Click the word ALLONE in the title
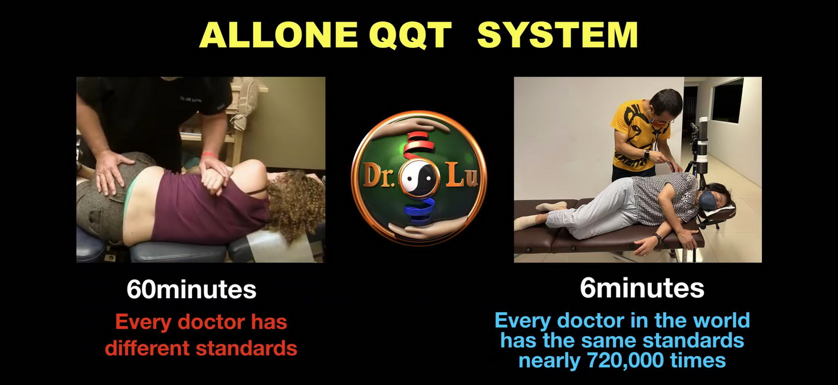[278, 35]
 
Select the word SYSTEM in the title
[557, 35]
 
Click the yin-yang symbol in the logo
[418, 178]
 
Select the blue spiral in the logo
[419, 210]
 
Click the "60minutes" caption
[192, 289]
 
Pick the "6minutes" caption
[642, 288]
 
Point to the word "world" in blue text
[721, 320]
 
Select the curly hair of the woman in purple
[296, 204]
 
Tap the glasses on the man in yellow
[664, 120]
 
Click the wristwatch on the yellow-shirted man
[647, 154]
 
